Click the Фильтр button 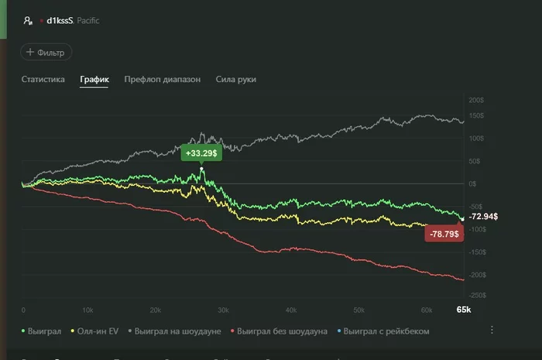coord(46,53)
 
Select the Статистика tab coord(43,79)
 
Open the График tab coord(94,79)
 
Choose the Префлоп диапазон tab coord(162,79)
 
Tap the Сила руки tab coord(236,79)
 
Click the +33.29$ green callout coord(201,153)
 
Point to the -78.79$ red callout coord(444,233)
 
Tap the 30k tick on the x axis coord(223,310)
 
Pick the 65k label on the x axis coord(463,310)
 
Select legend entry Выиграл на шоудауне coord(177,331)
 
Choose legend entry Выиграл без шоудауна coord(282,331)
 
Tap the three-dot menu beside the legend coord(492,330)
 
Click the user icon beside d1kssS coord(28,21)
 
